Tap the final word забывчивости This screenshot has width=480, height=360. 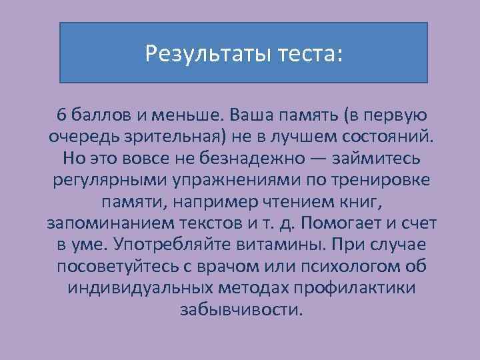(x=240, y=310)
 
